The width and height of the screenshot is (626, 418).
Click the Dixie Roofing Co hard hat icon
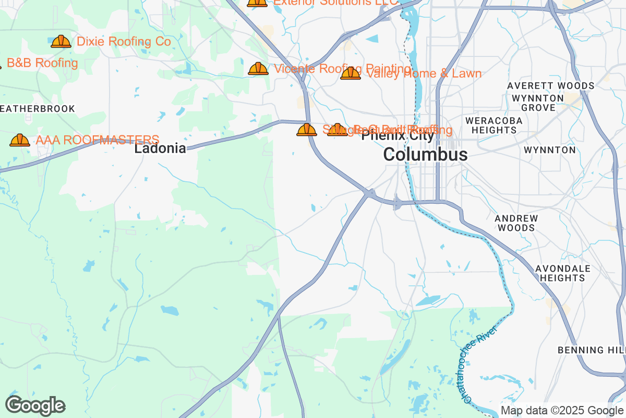click(x=61, y=42)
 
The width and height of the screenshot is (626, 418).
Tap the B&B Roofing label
click(x=42, y=63)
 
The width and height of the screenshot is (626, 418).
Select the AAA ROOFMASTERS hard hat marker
click(x=20, y=140)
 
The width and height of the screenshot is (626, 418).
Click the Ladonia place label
click(x=160, y=148)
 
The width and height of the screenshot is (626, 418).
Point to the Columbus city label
click(x=425, y=155)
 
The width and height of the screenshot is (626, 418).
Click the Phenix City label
click(x=398, y=136)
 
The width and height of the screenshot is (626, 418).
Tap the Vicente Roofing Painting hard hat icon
click(x=258, y=68)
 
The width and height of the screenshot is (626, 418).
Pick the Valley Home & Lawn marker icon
click(x=351, y=74)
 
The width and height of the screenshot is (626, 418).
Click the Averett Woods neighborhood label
click(x=551, y=86)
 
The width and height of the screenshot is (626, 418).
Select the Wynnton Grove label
click(x=538, y=103)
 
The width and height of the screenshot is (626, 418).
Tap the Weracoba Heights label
click(x=493, y=125)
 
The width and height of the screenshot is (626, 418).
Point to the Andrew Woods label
click(x=516, y=223)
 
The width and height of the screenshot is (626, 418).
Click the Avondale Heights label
click(x=562, y=273)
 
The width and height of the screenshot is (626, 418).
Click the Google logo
click(x=35, y=405)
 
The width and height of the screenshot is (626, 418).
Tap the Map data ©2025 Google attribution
click(x=562, y=411)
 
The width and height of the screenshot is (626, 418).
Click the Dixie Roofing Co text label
click(x=124, y=42)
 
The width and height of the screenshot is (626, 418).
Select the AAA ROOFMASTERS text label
click(x=97, y=140)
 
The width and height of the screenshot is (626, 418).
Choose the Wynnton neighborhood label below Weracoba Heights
click(x=549, y=150)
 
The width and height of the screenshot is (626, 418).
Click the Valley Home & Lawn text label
click(x=424, y=74)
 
